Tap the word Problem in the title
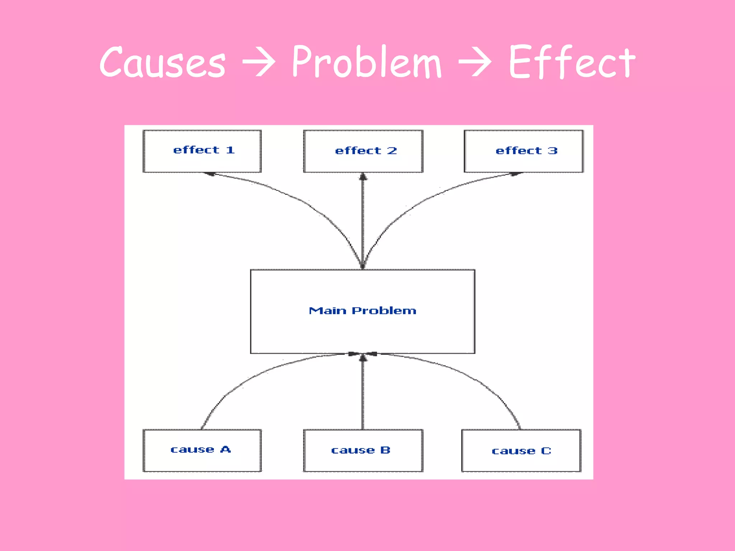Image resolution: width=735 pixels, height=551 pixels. (x=366, y=62)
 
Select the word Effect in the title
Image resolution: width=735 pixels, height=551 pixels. (x=572, y=62)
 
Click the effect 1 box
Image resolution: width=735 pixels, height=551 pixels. (x=202, y=151)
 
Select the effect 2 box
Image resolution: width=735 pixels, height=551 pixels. (x=363, y=151)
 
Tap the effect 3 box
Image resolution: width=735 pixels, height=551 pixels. (x=523, y=151)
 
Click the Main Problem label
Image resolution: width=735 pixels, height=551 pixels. (x=362, y=311)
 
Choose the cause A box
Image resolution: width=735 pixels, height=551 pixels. (x=202, y=450)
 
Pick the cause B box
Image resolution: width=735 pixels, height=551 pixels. (x=363, y=450)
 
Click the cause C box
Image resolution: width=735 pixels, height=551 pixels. (x=521, y=450)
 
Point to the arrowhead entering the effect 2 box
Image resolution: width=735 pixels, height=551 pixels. (x=363, y=177)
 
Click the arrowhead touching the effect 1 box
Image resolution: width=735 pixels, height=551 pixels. (x=210, y=174)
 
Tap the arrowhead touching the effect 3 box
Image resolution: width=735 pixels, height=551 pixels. (x=515, y=174)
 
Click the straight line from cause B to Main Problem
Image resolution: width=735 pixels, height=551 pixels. (x=363, y=395)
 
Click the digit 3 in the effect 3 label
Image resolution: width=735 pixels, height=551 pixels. (x=553, y=151)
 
